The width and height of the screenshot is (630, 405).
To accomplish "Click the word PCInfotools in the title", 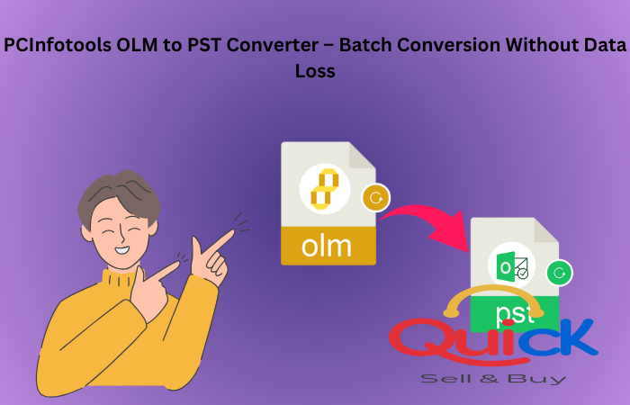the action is pyautogui.click(x=58, y=45).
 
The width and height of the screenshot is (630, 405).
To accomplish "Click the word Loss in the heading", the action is pyautogui.click(x=315, y=71).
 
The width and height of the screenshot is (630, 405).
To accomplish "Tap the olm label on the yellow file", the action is pyautogui.click(x=326, y=246).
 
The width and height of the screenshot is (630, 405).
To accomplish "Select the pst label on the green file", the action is pyautogui.click(x=514, y=313).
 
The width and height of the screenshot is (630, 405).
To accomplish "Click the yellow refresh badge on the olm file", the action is pyautogui.click(x=375, y=198).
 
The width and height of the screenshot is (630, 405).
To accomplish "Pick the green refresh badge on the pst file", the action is pyautogui.click(x=559, y=274).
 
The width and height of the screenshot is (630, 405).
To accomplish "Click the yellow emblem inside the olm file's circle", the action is pyautogui.click(x=325, y=189).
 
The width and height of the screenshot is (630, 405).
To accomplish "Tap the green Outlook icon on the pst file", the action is pyautogui.click(x=511, y=266).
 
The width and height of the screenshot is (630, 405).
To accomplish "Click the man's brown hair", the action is pyautogui.click(x=119, y=197).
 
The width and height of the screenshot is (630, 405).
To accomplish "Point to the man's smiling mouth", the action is pyautogui.click(x=121, y=250).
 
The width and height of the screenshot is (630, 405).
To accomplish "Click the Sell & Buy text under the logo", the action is pyautogui.click(x=493, y=379).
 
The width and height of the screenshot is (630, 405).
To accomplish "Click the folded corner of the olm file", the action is pyautogui.click(x=363, y=155).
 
